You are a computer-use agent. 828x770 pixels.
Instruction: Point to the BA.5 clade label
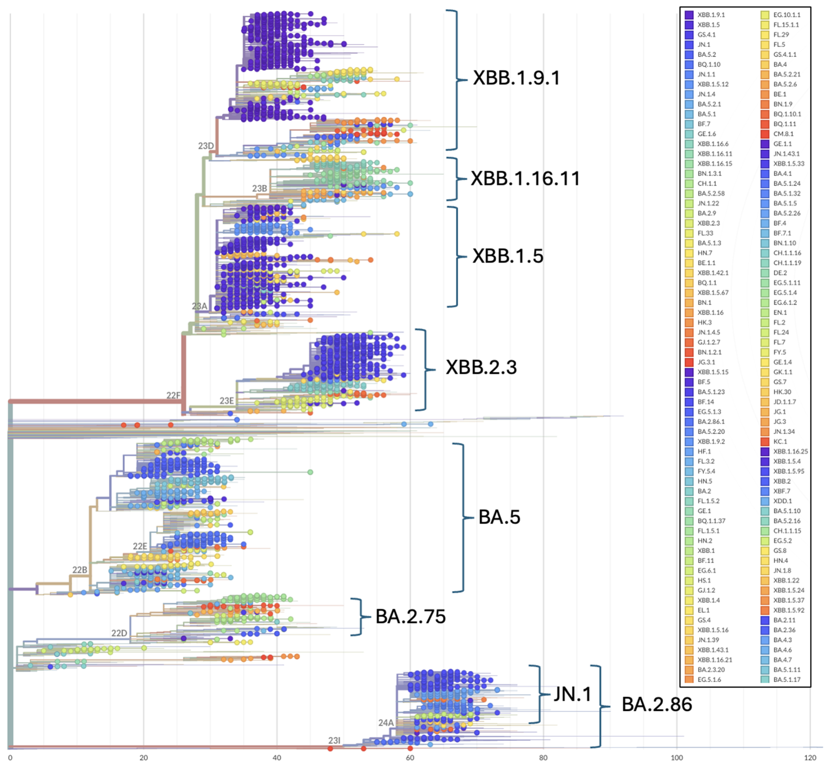click(x=499, y=517)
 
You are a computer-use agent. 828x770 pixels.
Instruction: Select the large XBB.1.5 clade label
click(x=507, y=256)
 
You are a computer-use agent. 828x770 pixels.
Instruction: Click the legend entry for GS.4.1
click(x=707, y=34)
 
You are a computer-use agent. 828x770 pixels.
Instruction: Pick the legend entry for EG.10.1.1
click(x=786, y=15)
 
